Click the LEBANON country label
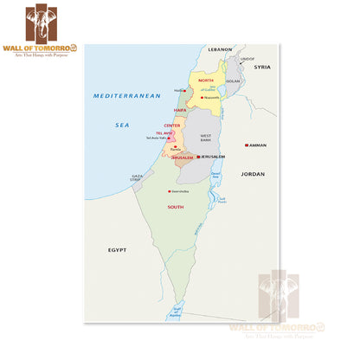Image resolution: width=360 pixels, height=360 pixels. pyautogui.click(x=220, y=50)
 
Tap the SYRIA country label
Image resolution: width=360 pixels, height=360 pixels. pyautogui.click(x=262, y=67)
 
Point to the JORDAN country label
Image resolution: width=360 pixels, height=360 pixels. pyautogui.click(x=253, y=174)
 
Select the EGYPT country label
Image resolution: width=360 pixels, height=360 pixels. pyautogui.click(x=117, y=249)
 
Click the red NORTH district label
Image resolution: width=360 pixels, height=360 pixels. pyautogui.click(x=205, y=79)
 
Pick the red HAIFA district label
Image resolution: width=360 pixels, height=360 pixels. pyautogui.click(x=180, y=110)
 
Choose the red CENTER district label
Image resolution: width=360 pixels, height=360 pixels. pyautogui.click(x=172, y=125)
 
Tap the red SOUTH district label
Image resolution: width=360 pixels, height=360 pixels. pyautogui.click(x=176, y=207)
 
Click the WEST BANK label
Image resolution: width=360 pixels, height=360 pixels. pyautogui.click(x=206, y=138)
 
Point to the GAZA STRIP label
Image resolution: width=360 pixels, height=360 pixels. pyautogui.click(x=137, y=177)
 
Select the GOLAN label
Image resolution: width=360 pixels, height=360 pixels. pyautogui.click(x=232, y=80)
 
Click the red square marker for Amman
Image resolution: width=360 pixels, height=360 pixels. pyautogui.click(x=247, y=145)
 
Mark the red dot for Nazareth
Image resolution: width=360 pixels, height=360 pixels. pyautogui.click(x=202, y=98)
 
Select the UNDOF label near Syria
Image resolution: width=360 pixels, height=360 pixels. pyautogui.click(x=247, y=58)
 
